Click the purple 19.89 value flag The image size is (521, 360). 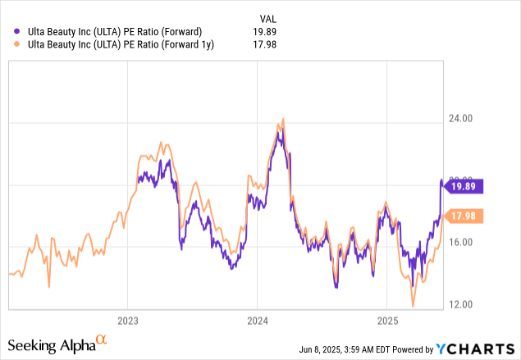[x=464, y=186]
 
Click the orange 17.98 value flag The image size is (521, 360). [x=464, y=216]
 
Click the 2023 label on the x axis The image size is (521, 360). [x=127, y=320]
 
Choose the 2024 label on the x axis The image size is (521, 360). [x=258, y=320]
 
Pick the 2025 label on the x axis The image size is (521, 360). [x=387, y=320]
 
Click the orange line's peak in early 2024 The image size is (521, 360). [x=282, y=120]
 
